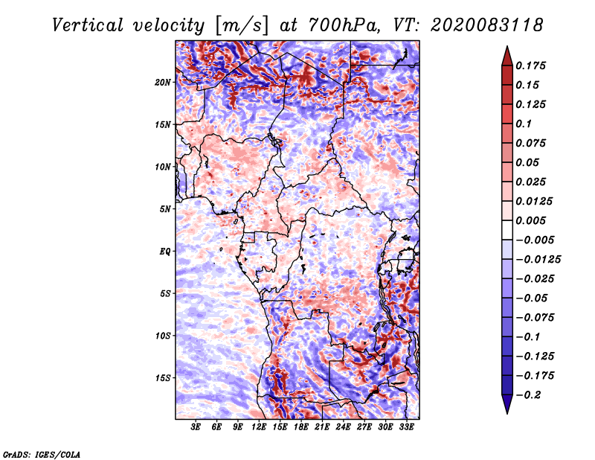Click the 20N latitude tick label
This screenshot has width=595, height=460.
pos(163,83)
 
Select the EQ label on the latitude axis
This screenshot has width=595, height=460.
pos(165,252)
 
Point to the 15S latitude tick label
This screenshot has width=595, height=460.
pos(163,378)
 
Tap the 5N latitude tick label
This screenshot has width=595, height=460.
pos(165,209)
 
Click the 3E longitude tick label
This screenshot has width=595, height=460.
pos(196,427)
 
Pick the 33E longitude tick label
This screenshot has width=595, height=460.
pos(406,427)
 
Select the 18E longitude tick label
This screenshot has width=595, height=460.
pos(301,427)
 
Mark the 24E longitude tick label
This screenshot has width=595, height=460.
pos(343,427)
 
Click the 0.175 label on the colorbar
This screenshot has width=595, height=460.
pos(530,66)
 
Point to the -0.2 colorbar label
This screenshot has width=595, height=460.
pos(528,395)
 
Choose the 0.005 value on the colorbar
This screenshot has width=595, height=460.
pos(530,220)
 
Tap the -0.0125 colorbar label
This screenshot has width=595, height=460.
pos(538,260)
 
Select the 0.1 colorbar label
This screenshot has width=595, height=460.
pos(524,124)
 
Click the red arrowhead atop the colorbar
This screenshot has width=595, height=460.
pos(507,56)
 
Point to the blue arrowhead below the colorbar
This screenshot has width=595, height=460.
pos(507,404)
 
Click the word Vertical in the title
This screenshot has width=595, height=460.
pos(88,25)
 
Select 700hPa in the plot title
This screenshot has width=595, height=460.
pos(344,25)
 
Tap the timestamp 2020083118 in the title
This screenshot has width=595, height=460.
pos(487,25)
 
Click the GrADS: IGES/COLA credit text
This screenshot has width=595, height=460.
pos(42,455)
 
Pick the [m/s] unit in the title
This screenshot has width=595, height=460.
pos(242,26)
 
